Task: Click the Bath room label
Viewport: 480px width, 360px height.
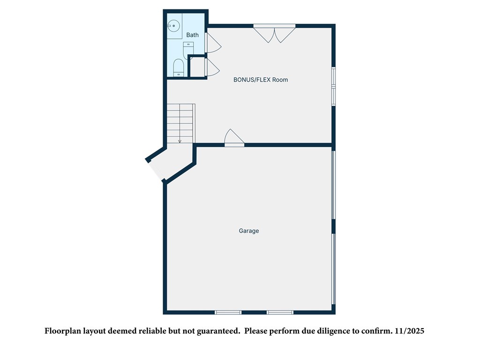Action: click(x=192, y=35)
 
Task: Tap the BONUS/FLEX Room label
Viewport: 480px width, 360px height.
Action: click(x=261, y=80)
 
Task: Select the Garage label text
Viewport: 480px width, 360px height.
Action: click(x=249, y=231)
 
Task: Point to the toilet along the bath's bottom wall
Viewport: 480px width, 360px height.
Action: click(x=179, y=67)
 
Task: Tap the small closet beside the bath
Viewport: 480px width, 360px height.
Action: click(x=197, y=67)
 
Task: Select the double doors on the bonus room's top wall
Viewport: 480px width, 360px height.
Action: click(x=274, y=33)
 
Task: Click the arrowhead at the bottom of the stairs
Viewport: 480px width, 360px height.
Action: click(x=180, y=141)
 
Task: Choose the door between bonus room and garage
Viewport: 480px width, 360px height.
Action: click(x=234, y=138)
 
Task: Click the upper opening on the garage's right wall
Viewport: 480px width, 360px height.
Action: click(x=334, y=184)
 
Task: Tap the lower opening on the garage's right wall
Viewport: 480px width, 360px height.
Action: click(x=334, y=269)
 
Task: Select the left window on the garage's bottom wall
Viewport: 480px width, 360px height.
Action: click(x=228, y=312)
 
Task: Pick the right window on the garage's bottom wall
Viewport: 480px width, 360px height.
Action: click(x=280, y=312)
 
